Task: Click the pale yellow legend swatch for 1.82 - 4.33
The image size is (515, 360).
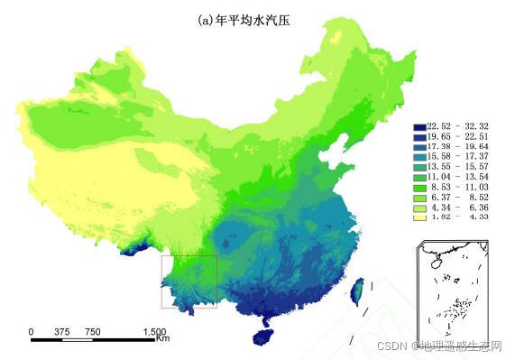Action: [x=419, y=217]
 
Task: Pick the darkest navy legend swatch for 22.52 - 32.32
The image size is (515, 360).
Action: [x=419, y=126]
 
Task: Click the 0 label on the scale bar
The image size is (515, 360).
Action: [x=32, y=332]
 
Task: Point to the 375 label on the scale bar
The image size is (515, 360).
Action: [x=62, y=332]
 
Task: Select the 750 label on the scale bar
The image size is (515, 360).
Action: [x=93, y=332]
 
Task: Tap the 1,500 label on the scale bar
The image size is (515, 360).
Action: [x=153, y=332]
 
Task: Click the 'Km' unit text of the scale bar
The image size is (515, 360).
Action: [x=162, y=340]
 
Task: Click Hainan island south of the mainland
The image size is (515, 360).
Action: [x=262, y=337]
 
